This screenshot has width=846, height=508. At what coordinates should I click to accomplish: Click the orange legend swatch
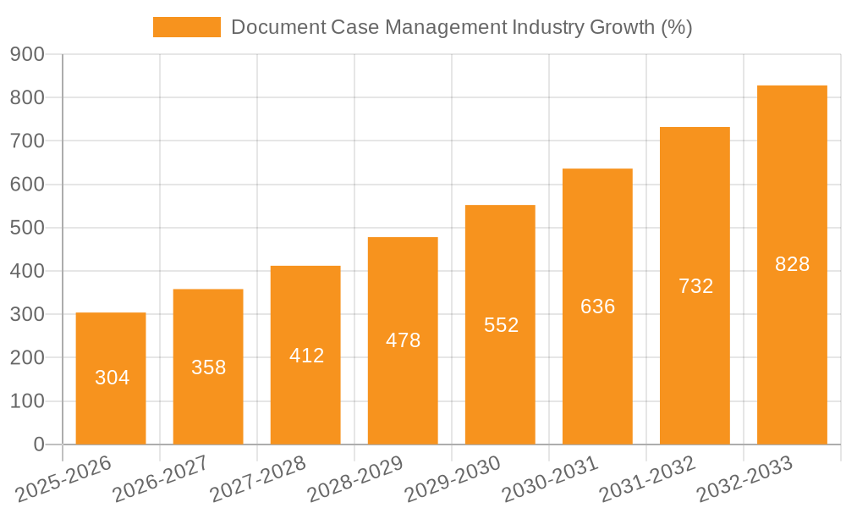(186, 27)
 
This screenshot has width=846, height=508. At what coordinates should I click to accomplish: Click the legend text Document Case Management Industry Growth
(461, 27)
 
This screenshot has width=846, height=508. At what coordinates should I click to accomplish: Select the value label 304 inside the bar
(112, 378)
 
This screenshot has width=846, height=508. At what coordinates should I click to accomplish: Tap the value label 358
(208, 367)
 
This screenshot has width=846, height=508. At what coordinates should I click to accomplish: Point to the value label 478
(403, 340)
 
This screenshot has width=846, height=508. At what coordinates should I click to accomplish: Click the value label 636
(597, 306)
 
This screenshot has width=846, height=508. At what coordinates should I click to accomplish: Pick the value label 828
(792, 264)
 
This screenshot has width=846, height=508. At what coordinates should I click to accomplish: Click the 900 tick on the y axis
(27, 54)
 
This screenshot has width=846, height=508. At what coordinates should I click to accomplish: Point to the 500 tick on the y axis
(27, 228)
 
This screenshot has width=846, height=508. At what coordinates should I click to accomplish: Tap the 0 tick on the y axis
(38, 444)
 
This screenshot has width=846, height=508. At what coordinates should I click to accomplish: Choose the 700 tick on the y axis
(27, 141)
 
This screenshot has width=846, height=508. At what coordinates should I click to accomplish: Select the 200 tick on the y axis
(27, 358)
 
